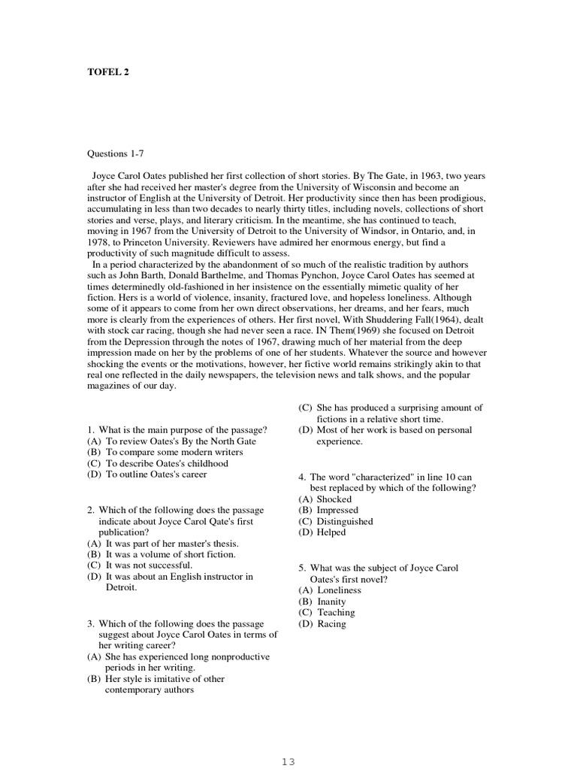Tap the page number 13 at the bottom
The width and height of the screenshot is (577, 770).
click(x=288, y=761)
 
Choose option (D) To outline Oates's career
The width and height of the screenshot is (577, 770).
click(x=147, y=474)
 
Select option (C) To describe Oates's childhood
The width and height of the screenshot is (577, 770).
click(x=157, y=463)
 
